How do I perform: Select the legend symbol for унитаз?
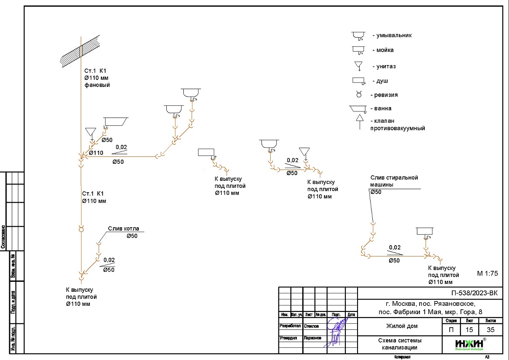358,66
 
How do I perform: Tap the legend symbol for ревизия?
359,94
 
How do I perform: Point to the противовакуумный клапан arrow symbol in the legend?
359,121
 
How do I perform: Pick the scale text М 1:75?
488,273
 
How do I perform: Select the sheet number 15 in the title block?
469,329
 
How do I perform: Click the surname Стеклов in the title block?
313,326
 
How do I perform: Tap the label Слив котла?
124,228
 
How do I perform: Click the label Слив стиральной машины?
394,181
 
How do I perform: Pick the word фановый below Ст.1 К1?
97,85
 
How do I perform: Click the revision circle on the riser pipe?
81,229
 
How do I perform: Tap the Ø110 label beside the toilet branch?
96,153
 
